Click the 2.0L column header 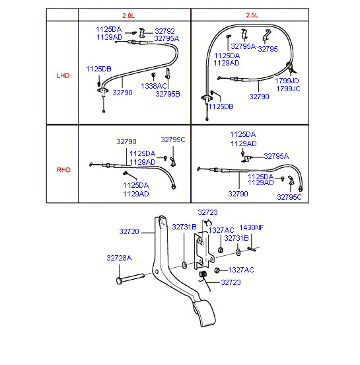(128, 16)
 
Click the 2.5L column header (252, 15)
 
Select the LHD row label (63, 75)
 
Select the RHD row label (63, 170)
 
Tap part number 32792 (164, 31)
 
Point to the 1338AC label (154, 86)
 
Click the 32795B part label (168, 94)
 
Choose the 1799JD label (287, 81)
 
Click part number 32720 (129, 231)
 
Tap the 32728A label (119, 258)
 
